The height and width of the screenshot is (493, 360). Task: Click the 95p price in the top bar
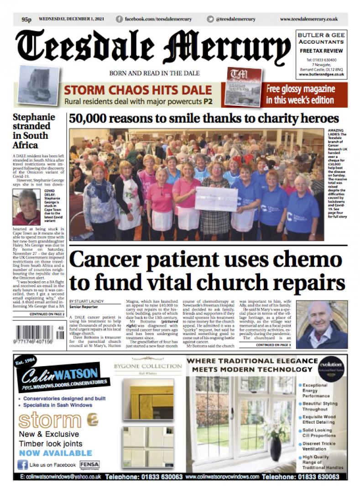26,19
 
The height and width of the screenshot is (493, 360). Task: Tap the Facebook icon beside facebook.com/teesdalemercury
120,19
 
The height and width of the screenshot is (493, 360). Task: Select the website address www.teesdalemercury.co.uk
308,19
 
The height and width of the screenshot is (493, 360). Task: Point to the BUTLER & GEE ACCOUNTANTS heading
321,39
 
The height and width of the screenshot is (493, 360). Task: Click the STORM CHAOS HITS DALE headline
137,89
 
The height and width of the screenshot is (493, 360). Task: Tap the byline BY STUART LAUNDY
87,302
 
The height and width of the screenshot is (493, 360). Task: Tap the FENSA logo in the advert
89,464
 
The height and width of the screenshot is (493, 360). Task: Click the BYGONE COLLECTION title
148,366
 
